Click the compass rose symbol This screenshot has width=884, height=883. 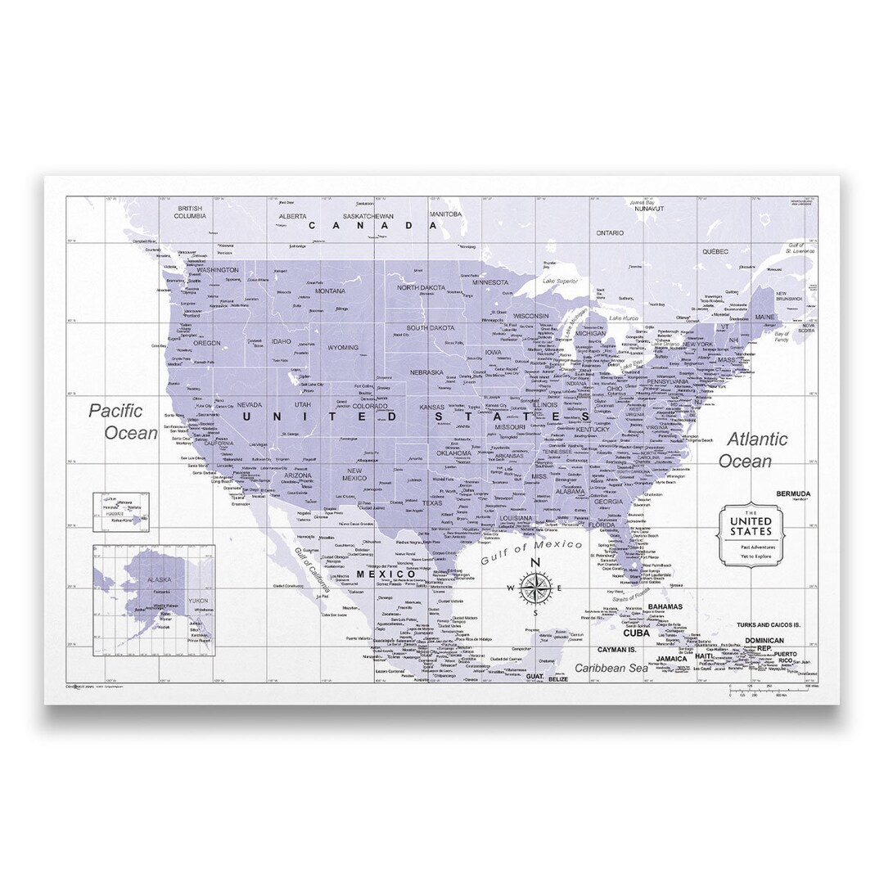(534, 586)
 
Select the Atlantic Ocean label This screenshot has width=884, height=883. (752, 450)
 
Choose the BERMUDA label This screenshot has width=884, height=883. (793, 493)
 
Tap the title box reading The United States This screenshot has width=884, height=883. (751, 535)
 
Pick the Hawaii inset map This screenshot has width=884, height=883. (121, 509)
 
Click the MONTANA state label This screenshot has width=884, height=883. (331, 291)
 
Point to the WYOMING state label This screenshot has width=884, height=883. (342, 348)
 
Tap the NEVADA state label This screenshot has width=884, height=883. (250, 404)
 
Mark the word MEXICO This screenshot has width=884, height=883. (386, 574)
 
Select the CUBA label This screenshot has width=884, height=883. (636, 633)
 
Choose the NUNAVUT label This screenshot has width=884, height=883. (640, 209)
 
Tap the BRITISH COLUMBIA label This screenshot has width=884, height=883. (189, 212)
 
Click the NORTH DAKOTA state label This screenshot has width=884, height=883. (422, 288)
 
